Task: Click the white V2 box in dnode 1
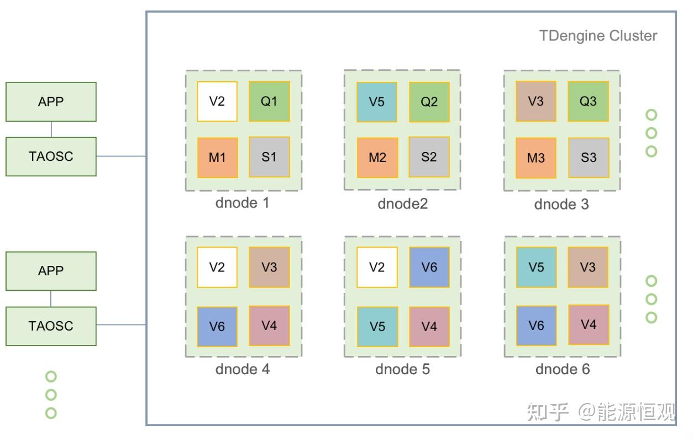(x=217, y=102)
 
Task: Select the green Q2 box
(x=429, y=102)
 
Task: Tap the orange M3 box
(x=535, y=158)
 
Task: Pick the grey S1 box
(x=269, y=157)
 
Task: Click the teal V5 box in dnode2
(x=377, y=102)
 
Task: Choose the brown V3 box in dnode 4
(x=269, y=268)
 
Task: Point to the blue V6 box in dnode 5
(x=429, y=268)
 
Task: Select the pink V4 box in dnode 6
(x=589, y=324)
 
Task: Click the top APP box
(x=51, y=102)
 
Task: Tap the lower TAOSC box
(x=51, y=326)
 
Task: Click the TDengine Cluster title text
(x=598, y=36)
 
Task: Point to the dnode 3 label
(x=561, y=205)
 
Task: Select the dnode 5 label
(x=402, y=369)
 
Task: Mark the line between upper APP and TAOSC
(x=51, y=129)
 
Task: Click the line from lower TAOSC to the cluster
(x=121, y=325)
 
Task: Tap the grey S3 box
(x=589, y=158)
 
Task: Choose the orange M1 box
(x=217, y=158)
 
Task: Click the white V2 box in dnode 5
(x=377, y=268)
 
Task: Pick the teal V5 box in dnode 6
(x=536, y=268)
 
